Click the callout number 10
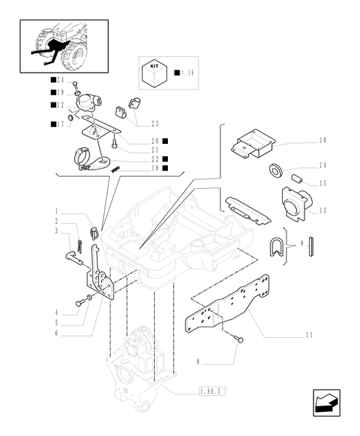point(322,140)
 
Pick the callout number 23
point(155,124)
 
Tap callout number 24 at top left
point(60,80)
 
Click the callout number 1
point(55,211)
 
